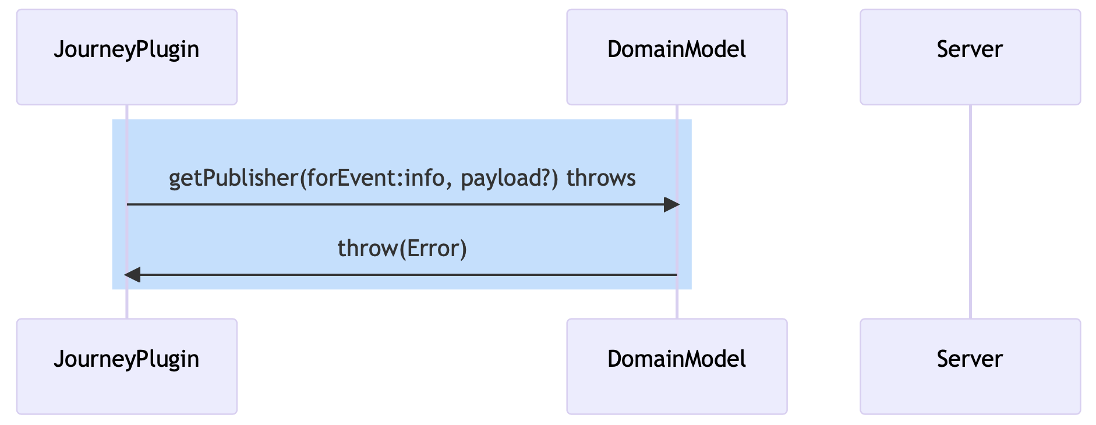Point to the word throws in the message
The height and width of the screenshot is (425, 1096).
601,178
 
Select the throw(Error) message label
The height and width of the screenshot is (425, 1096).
402,249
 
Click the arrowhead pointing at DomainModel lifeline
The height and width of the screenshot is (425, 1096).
671,204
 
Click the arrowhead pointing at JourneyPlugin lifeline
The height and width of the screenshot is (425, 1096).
132,275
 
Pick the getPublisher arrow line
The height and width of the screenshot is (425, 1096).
396,204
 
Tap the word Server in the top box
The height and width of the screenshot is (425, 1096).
970,49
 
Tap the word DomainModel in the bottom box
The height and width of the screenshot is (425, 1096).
677,359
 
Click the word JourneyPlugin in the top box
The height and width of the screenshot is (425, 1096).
126,49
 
